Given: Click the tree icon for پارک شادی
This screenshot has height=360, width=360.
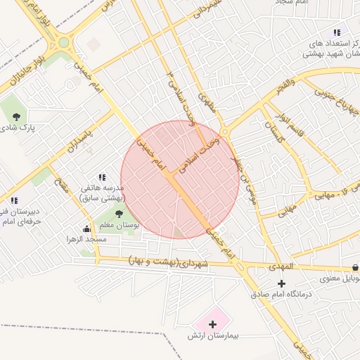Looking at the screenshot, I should tap(16, 117).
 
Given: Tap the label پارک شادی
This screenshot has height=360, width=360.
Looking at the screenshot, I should tap(17, 129).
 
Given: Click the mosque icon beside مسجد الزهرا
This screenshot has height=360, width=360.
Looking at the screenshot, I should tap(87, 229).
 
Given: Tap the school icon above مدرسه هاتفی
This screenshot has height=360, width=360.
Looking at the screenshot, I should tap(102, 178).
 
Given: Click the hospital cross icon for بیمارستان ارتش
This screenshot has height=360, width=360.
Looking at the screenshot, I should tap(213, 324).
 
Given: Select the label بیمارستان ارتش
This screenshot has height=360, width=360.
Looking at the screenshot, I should tap(213, 336).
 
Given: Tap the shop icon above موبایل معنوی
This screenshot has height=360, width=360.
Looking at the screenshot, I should tap(354, 267).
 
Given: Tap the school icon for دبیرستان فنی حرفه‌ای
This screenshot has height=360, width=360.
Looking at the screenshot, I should tap(14, 201).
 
